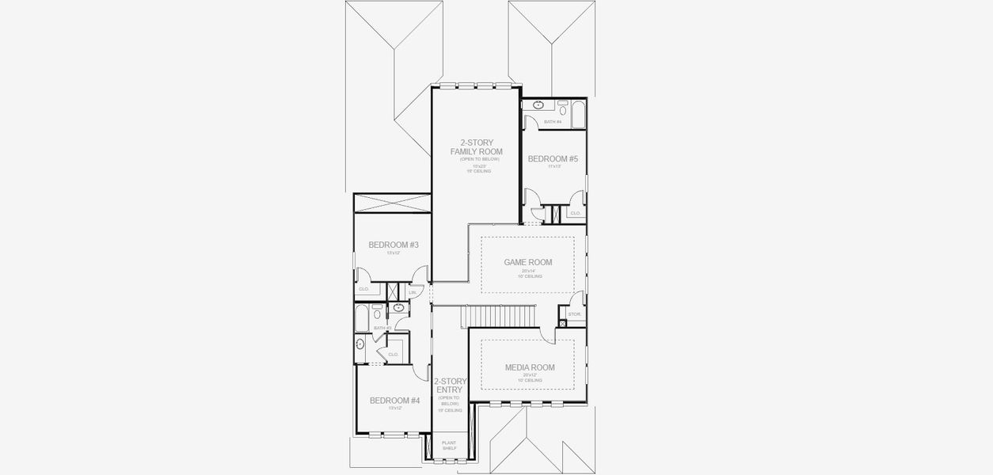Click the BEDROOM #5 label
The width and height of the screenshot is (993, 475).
click(553, 159)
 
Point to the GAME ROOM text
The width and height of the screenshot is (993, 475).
click(528, 262)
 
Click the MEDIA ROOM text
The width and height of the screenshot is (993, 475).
click(530, 367)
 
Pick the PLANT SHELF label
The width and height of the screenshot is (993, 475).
click(449, 446)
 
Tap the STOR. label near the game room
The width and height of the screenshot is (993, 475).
click(575, 314)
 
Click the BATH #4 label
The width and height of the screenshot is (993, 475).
click(553, 122)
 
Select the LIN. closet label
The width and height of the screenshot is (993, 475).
click(413, 293)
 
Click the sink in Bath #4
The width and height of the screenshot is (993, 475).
click(538, 105)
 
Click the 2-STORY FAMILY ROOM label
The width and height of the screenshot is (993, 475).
click(477, 147)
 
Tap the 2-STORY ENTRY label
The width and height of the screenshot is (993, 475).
click(450, 386)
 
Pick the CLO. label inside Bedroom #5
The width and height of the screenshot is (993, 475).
click(576, 213)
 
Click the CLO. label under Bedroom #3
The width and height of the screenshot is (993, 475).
click(364, 289)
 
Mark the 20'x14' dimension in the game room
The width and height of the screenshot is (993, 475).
click(528, 271)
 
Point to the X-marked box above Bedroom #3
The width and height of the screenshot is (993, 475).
click(392, 202)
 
